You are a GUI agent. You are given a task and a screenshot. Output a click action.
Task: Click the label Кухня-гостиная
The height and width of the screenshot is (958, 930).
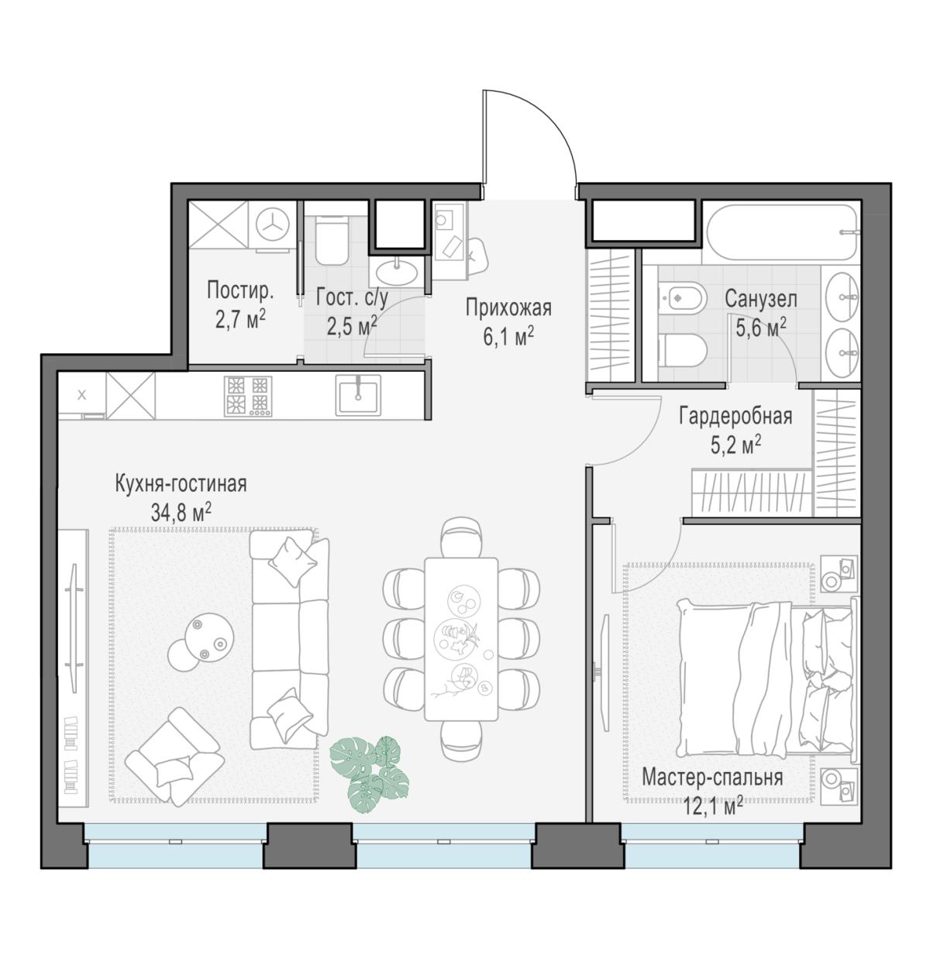181,484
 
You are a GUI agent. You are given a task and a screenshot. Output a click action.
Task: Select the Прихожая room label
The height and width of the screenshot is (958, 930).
508,308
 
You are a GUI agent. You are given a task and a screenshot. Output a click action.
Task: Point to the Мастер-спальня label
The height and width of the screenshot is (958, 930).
712,778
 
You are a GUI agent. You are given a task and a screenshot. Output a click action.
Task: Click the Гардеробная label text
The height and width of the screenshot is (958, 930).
735,417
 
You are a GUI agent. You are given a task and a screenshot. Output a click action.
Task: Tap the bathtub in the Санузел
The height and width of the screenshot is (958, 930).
781,232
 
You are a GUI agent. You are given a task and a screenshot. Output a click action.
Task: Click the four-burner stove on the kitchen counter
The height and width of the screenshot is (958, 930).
248,397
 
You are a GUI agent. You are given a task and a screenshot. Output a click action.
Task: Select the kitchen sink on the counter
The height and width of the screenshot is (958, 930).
358,395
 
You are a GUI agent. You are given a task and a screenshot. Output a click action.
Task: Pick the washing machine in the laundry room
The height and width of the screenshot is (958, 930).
272,225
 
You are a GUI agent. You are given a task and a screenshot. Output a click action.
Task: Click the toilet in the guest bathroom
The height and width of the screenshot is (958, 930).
332,241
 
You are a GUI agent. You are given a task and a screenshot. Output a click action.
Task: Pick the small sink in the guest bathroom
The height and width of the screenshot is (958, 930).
395,272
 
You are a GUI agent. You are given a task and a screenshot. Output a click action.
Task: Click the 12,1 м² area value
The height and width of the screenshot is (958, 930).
713,807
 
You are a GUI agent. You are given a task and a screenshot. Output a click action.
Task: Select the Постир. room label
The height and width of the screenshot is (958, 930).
240,291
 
